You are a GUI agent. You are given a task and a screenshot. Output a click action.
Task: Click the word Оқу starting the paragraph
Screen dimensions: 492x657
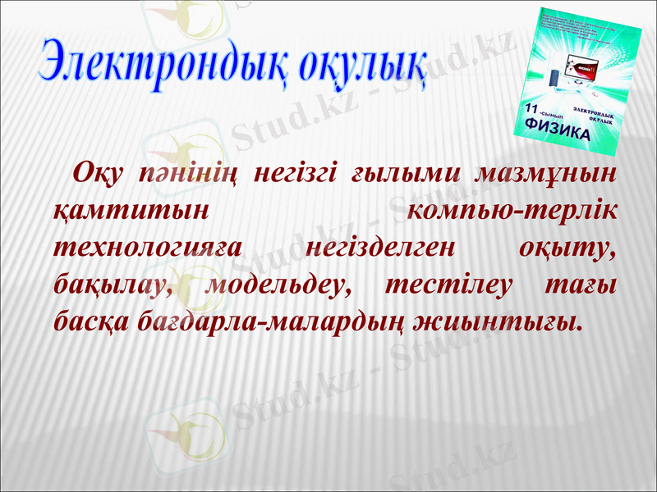pyautogui.click(x=99, y=174)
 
